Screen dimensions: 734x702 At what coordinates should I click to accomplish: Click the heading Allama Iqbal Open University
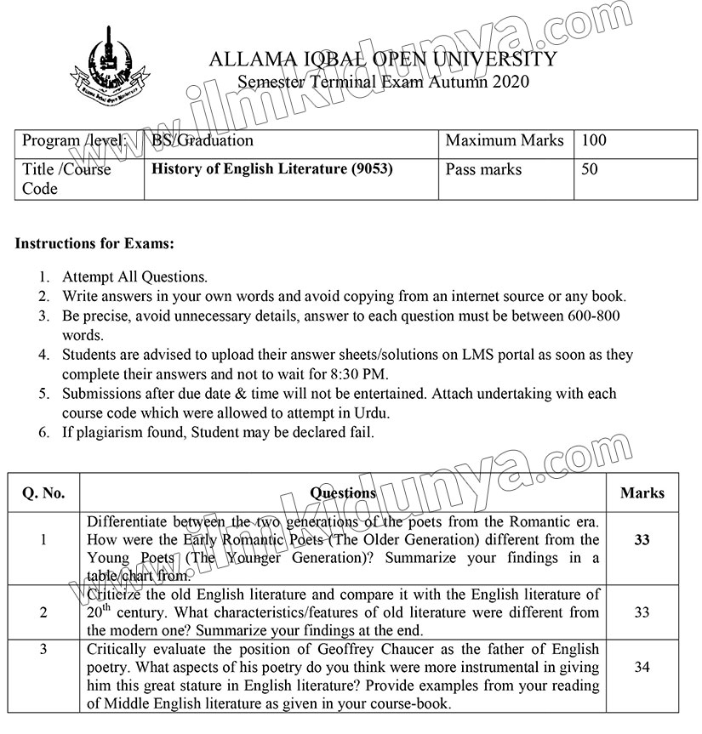point(382,60)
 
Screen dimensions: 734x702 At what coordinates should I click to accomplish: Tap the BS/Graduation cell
point(203,140)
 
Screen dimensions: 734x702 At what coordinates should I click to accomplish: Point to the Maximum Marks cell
point(504,140)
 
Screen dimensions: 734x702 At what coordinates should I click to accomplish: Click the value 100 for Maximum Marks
point(593,140)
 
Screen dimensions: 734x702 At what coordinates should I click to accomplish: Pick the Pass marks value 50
point(589,169)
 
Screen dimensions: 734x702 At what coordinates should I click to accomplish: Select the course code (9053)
point(372,169)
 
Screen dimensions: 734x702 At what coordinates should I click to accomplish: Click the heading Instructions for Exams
point(94,244)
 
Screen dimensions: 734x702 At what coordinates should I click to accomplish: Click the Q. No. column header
point(43,492)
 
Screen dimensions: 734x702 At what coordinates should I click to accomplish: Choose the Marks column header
point(642,492)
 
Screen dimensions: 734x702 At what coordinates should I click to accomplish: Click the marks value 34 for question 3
point(642,669)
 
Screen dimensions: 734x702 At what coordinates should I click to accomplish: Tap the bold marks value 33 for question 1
point(642,540)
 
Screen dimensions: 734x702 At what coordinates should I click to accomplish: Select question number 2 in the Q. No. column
point(43,612)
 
